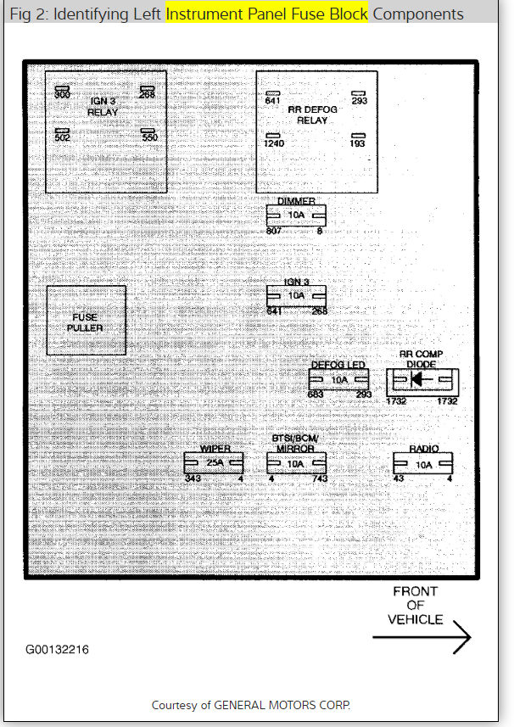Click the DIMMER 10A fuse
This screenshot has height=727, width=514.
(x=295, y=215)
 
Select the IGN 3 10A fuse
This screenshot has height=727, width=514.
(x=296, y=295)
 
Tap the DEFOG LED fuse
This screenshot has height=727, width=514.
(x=339, y=380)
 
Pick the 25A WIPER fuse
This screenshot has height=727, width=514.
(x=213, y=464)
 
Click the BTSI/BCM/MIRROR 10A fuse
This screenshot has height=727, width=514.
(x=296, y=464)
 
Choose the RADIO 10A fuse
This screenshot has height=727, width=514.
(x=422, y=464)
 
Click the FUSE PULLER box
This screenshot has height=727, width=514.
(x=86, y=321)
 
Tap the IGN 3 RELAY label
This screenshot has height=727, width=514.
(x=103, y=106)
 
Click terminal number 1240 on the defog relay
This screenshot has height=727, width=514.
(x=273, y=144)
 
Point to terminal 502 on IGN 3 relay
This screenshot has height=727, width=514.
(x=63, y=137)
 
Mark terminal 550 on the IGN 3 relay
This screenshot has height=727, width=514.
(x=149, y=137)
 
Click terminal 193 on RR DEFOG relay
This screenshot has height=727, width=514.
(x=358, y=144)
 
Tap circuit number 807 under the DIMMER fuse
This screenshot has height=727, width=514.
(x=274, y=231)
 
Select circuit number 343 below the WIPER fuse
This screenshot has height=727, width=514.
(x=193, y=479)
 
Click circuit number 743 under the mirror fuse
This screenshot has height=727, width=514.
(x=320, y=479)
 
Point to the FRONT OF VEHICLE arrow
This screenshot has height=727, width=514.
(x=422, y=636)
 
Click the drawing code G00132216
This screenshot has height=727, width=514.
(x=56, y=650)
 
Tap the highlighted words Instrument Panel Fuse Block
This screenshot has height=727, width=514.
(x=267, y=14)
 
